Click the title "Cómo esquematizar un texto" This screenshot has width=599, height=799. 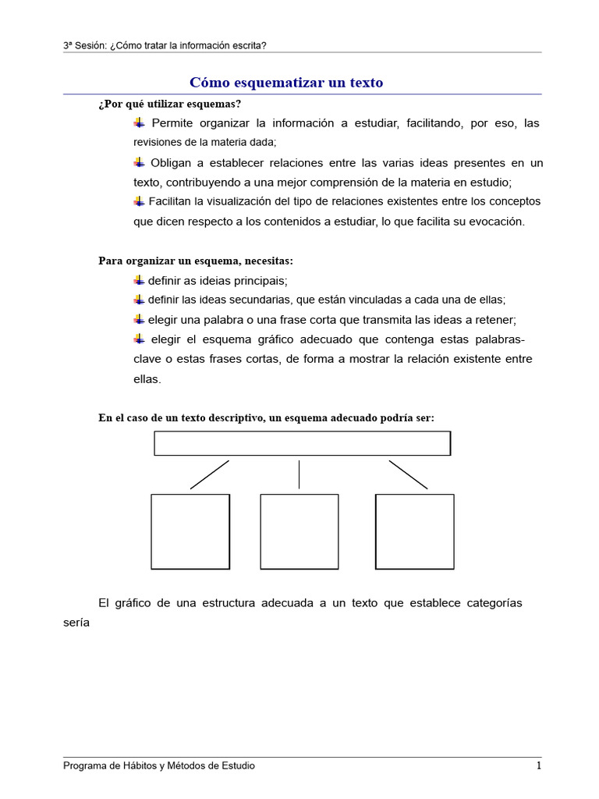tap(286, 83)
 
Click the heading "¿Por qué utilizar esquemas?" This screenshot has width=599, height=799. tap(169, 104)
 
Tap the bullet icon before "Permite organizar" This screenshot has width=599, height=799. tap(139, 123)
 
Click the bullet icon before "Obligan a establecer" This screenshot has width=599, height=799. tap(139, 162)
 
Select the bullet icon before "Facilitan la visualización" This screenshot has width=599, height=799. tap(139, 201)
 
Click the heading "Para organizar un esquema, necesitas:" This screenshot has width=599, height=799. tap(196, 261)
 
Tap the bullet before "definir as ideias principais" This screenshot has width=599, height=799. tap(139, 280)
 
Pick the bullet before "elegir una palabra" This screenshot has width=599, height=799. tap(139, 319)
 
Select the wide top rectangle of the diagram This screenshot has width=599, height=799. tap(302, 443)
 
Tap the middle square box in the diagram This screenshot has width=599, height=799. tap(299, 531)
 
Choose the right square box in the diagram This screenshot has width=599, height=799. tap(414, 531)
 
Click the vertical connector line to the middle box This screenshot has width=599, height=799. tap(299, 474)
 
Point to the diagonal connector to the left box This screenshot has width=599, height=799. tap(209, 474)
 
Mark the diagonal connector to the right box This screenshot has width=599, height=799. tap(408, 474)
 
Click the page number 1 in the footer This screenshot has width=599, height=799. tap(538, 766)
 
